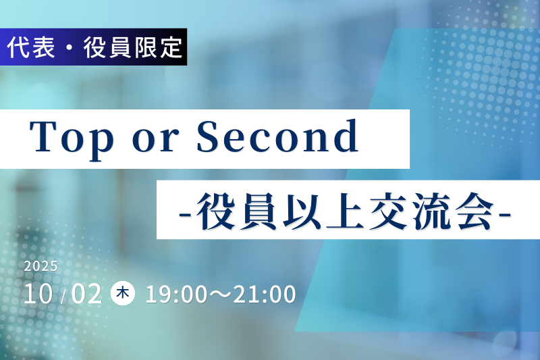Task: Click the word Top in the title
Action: tap(72, 138)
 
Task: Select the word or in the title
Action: tap(156, 141)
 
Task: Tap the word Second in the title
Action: tap(277, 136)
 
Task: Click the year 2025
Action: tap(40, 266)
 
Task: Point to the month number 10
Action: tap(38, 294)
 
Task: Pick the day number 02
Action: tap(86, 294)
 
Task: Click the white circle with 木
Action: tap(123, 293)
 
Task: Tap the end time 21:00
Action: tap(265, 294)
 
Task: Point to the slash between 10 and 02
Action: tap(63, 297)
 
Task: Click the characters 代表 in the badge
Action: tap(31, 47)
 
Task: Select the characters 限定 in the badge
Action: tap(158, 47)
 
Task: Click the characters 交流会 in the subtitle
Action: tap(432, 211)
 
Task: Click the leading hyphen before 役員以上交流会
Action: tap(186, 215)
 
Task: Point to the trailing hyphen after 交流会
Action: tap(505, 215)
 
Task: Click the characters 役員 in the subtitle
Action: tap(237, 211)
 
